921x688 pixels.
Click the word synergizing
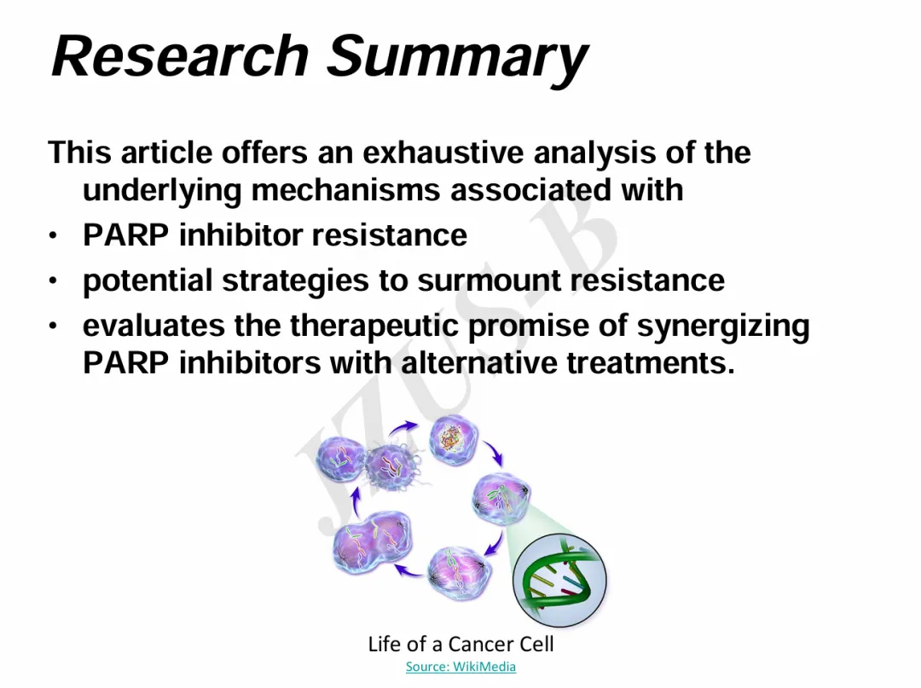[723, 327]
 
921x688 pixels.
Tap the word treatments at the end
[651, 363]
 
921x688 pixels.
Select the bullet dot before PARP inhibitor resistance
[54, 236]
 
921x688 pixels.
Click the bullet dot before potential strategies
[54, 281]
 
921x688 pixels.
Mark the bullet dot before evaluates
[54, 326]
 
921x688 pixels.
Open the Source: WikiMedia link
[460, 667]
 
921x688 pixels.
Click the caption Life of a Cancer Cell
[460, 644]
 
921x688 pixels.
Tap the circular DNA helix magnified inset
[559, 580]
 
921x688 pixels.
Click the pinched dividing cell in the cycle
[373, 542]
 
